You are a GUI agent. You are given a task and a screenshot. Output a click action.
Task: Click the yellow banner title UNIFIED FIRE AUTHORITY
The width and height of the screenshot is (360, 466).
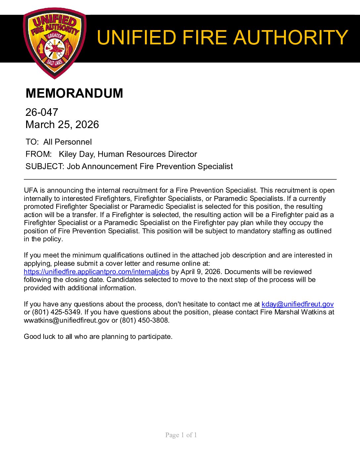222,37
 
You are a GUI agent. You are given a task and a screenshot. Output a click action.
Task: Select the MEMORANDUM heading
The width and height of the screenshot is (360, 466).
74,93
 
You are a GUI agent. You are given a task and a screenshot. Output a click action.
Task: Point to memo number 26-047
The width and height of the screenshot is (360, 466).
42,112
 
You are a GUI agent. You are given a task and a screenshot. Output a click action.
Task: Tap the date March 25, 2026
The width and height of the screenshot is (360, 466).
62,124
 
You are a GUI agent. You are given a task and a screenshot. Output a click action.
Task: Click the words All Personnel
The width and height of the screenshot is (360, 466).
67,142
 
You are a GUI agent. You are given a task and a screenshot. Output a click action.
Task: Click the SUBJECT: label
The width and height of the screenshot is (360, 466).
45,166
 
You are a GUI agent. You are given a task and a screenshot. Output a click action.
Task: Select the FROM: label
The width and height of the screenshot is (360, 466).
38,154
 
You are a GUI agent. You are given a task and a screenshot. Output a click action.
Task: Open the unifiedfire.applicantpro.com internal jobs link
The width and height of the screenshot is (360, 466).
96,272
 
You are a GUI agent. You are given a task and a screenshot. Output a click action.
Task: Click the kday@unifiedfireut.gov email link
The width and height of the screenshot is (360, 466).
297,304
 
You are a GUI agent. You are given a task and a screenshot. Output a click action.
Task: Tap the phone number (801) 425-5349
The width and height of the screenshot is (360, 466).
56,312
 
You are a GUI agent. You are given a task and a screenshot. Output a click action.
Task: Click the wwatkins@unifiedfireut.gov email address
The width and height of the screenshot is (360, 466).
67,320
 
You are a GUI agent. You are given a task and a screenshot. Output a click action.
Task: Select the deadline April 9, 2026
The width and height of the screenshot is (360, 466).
201,272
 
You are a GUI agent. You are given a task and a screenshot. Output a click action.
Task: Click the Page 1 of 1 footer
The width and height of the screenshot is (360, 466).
181,435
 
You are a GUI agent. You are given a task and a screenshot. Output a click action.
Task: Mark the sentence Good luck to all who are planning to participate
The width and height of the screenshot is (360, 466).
98,337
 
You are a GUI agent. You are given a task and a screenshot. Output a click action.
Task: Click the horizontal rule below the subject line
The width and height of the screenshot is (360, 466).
180,179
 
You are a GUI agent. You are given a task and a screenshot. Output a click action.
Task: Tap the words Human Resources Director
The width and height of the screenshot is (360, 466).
147,154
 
